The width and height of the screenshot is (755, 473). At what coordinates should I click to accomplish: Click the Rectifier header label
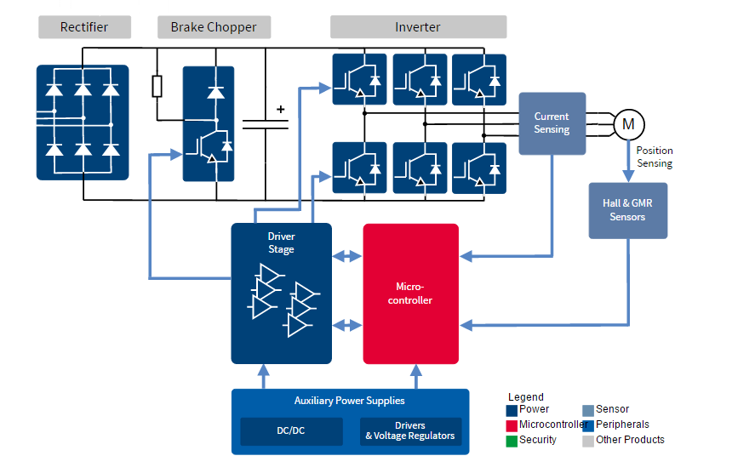(84, 27)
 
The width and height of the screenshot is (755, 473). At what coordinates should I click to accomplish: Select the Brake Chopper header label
(214, 27)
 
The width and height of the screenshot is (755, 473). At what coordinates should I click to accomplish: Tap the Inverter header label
(418, 27)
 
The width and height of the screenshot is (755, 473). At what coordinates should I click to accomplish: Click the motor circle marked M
(629, 124)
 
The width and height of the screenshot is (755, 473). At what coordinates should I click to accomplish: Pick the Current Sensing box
(552, 123)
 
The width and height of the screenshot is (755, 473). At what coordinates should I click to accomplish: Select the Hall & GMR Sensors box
(627, 210)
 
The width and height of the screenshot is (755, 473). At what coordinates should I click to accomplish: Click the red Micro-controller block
(410, 293)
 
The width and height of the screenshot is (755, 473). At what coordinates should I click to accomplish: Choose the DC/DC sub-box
(290, 431)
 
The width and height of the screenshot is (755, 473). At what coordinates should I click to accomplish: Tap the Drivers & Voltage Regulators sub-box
(410, 431)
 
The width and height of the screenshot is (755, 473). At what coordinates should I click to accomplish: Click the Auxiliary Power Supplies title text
(349, 401)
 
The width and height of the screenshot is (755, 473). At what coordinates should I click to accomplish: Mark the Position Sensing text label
(654, 157)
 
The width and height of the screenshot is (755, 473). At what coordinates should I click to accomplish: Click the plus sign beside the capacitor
(280, 109)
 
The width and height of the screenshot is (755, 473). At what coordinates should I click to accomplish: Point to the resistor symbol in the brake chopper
(157, 87)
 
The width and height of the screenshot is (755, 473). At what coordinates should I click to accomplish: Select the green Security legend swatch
(511, 441)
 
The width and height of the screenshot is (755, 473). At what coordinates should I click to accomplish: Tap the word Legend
(525, 397)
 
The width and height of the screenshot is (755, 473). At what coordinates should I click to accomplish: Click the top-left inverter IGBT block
(359, 79)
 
